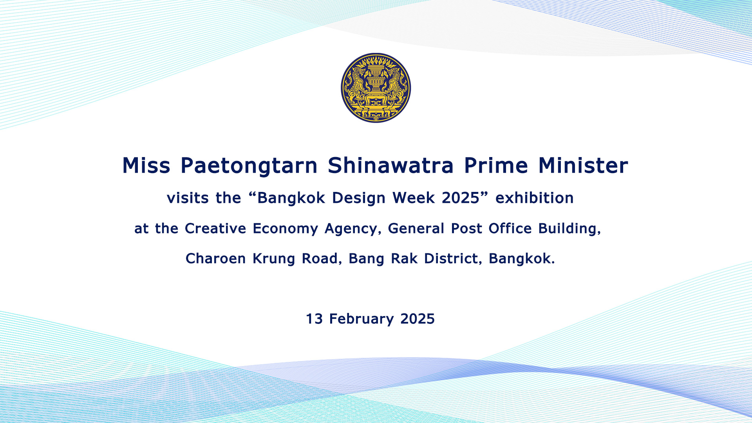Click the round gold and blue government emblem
[376, 88]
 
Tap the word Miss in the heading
[146, 165]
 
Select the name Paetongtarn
[249, 166]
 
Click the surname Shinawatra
[390, 165]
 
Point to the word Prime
[496, 165]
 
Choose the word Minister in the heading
[583, 165]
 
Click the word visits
[188, 198]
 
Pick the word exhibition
[534, 198]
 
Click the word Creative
[215, 228]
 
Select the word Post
[466, 228]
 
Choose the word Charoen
[215, 258]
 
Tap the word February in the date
[361, 319]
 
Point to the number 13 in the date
[314, 319]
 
